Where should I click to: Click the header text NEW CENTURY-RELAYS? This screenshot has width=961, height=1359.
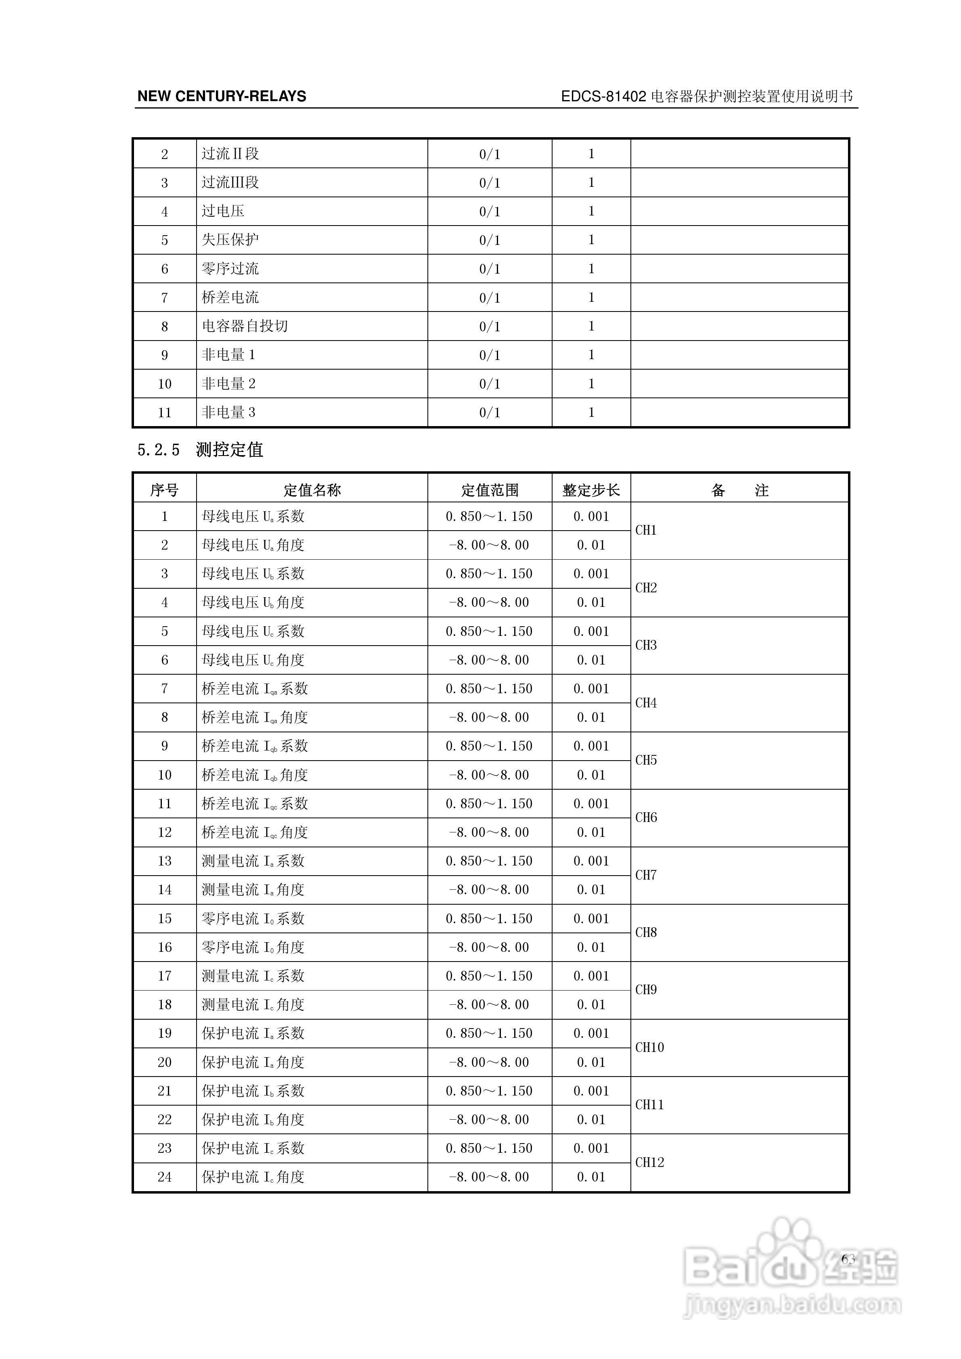pyautogui.click(x=222, y=96)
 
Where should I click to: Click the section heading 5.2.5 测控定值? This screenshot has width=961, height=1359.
pyautogui.click(x=200, y=450)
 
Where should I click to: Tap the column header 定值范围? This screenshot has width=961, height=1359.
pyautogui.click(x=490, y=490)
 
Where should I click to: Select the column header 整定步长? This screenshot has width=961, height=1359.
pyautogui.click(x=591, y=490)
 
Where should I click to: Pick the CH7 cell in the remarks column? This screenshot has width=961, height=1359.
pyautogui.click(x=646, y=875)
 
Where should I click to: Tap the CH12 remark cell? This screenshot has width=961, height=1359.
pyautogui.click(x=649, y=1162)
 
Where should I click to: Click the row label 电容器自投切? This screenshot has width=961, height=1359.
pyautogui.click(x=245, y=326)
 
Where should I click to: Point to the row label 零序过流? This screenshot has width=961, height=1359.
pyautogui.click(x=230, y=269)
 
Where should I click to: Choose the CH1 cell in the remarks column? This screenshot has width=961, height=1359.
pyautogui.click(x=646, y=530)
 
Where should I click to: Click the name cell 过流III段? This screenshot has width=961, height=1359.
pyautogui.click(x=230, y=182)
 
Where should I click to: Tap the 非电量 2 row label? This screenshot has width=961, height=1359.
pyautogui.click(x=228, y=384)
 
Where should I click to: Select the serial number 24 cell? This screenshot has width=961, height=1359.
pyautogui.click(x=165, y=1177)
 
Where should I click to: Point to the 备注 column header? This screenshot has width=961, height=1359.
pyautogui.click(x=739, y=490)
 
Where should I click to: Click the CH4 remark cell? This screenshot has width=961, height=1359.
pyautogui.click(x=646, y=702)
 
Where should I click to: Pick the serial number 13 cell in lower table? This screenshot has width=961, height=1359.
pyautogui.click(x=165, y=861)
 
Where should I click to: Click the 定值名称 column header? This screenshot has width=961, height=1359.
pyautogui.click(x=312, y=490)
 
